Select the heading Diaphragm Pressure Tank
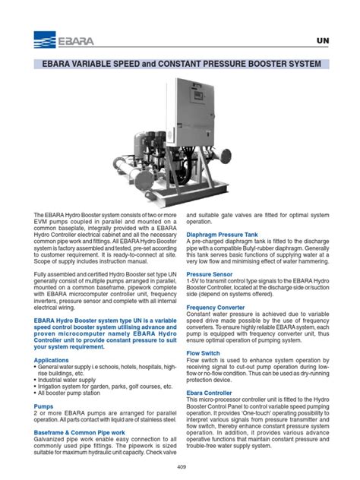229,235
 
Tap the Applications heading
52,360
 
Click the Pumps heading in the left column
44,406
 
